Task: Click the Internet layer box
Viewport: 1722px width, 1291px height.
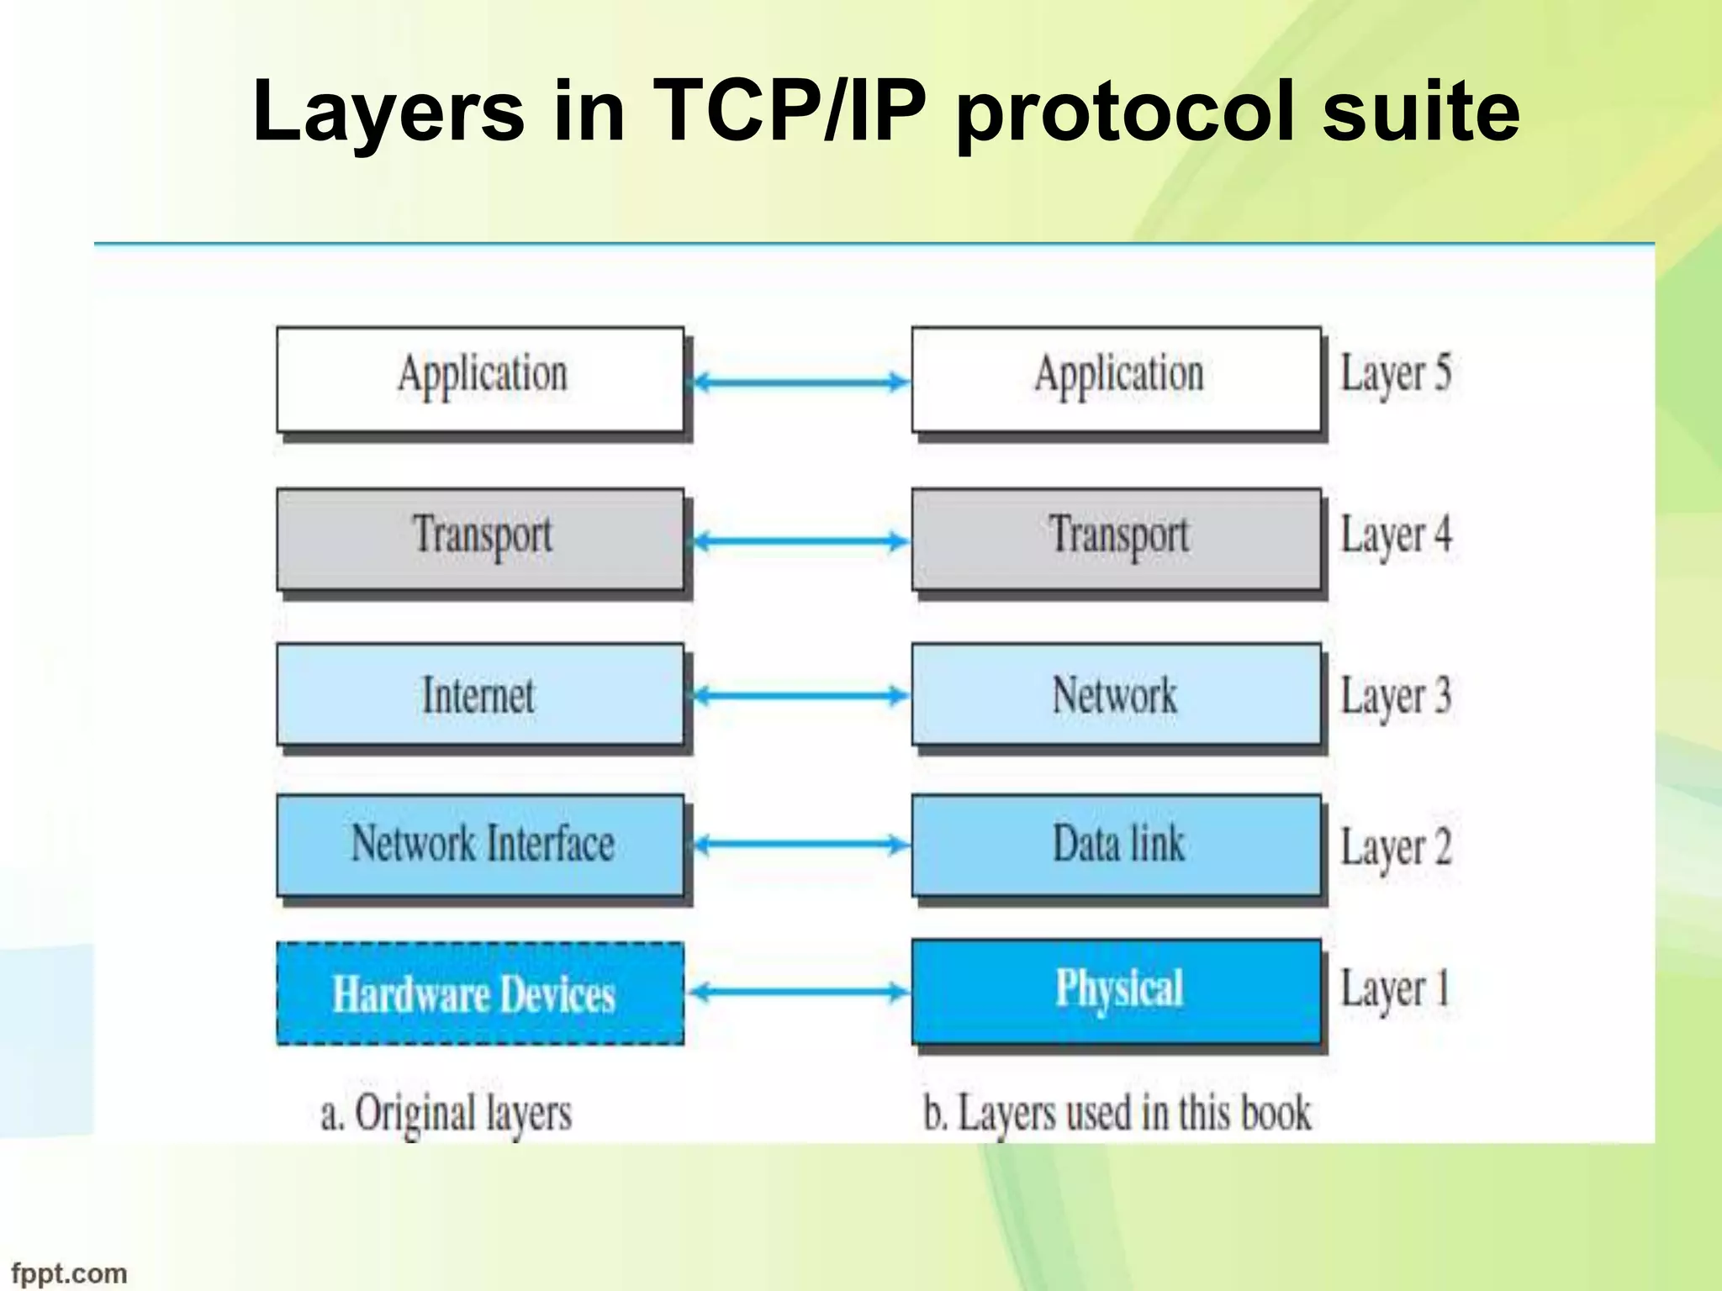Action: [479, 695]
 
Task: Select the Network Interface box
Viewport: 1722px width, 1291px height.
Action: [479, 845]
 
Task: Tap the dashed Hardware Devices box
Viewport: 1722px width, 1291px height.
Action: [479, 993]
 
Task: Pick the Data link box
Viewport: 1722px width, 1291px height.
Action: [1117, 845]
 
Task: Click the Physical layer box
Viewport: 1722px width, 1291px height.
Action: [1117, 990]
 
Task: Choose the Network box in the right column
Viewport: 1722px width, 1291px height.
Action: [1117, 695]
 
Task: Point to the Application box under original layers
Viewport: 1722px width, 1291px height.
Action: [479, 378]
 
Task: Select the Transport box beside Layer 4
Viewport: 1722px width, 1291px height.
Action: [1117, 538]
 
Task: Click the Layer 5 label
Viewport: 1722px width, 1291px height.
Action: [1396, 374]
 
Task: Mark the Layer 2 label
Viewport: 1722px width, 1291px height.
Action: [1396, 847]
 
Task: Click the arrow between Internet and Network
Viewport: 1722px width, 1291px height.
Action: [799, 695]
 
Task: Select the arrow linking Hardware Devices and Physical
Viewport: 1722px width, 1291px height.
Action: [799, 993]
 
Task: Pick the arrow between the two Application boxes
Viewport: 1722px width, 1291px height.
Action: [799, 382]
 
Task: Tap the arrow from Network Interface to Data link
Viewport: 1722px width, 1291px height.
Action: [799, 844]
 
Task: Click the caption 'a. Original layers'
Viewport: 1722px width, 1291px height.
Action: [446, 1114]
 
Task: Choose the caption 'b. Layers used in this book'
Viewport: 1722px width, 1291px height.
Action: [1117, 1114]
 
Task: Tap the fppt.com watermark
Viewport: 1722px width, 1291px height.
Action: [69, 1273]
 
